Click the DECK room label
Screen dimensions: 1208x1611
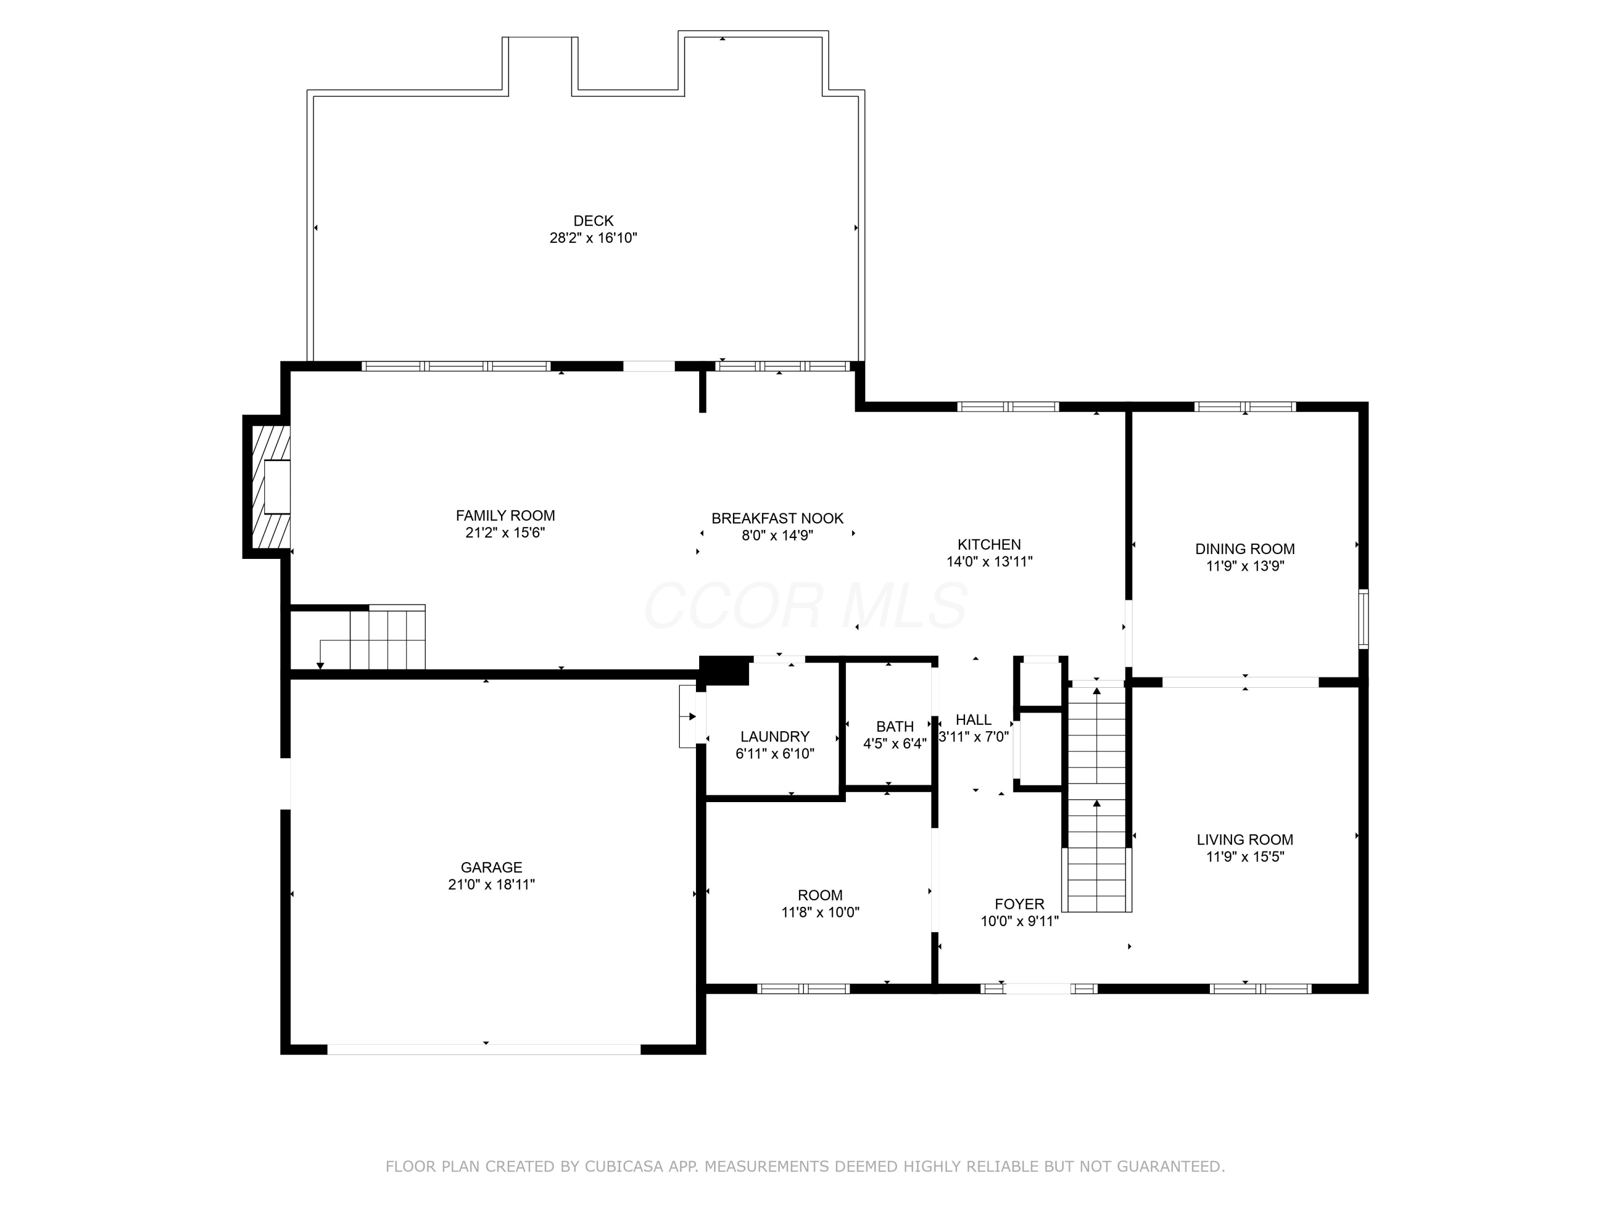coord(593,221)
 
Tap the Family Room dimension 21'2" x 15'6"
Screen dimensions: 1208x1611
coord(505,533)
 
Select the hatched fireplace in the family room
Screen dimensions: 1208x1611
coord(270,487)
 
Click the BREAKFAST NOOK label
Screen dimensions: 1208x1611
coord(777,519)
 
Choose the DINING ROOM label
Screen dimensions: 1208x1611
coord(1245,549)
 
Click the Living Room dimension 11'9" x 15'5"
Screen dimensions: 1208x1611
coord(1245,857)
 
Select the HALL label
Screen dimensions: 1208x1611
coord(973,720)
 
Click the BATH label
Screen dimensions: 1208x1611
coord(894,727)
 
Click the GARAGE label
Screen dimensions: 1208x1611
coord(491,867)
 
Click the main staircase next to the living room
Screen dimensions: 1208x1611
coord(1096,801)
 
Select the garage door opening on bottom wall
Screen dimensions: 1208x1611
coord(484,1049)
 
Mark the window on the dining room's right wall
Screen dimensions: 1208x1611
coord(1363,619)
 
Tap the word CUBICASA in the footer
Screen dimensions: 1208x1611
coord(623,1167)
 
